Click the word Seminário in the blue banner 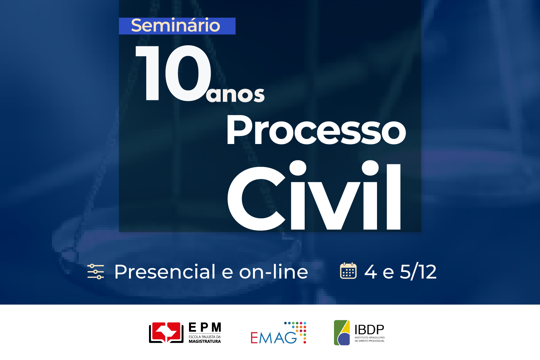point(175,25)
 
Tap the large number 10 point(173,73)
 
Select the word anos point(235,95)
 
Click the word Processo point(316,130)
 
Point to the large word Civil point(314,196)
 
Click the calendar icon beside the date point(348,271)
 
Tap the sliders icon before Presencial point(96,272)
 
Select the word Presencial point(165,272)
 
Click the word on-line point(273,272)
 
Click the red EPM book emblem point(166,333)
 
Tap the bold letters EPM point(205,327)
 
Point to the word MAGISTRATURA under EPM point(205,341)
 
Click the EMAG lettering point(274,338)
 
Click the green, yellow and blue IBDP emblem point(342,333)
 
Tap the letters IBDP point(369,330)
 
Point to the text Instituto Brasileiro point(370,338)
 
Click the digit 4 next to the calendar point(371,272)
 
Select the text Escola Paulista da point(205,337)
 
